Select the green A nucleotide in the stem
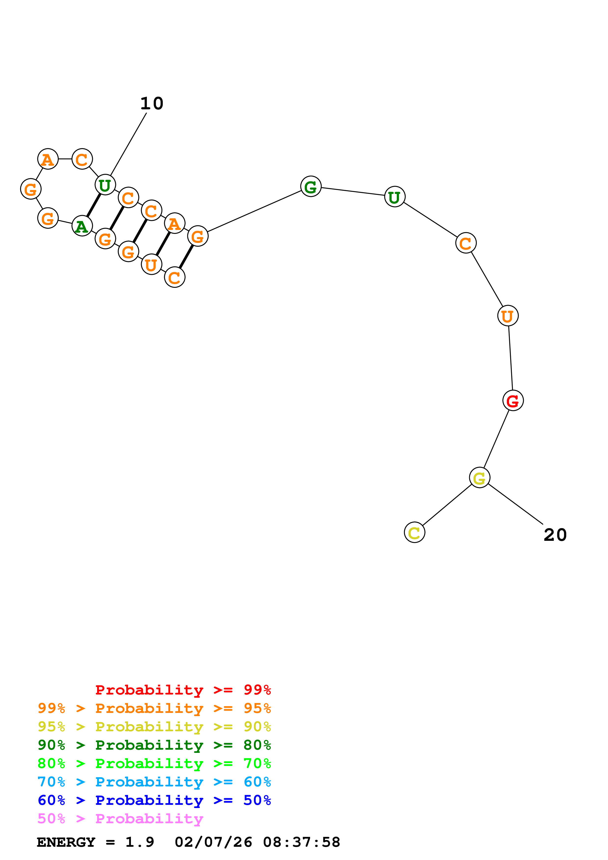click(x=82, y=226)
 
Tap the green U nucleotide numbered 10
click(x=105, y=185)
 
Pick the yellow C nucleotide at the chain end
click(x=414, y=532)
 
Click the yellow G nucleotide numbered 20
click(x=479, y=478)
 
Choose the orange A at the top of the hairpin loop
click(x=48, y=159)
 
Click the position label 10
click(x=152, y=103)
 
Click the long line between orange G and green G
click(x=254, y=211)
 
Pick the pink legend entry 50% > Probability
click(x=120, y=819)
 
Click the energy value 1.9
click(x=139, y=842)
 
